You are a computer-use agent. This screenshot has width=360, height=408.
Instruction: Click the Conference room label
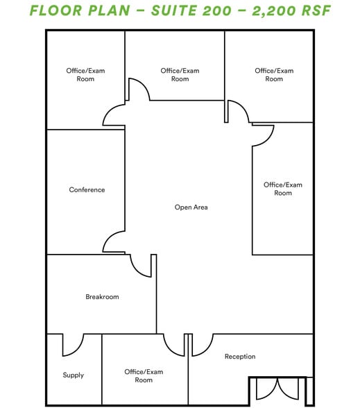pyautogui.click(x=87, y=189)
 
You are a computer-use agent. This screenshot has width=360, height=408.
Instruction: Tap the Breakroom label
pyautogui.click(x=102, y=297)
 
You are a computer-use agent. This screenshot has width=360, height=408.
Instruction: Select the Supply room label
pyautogui.click(x=73, y=375)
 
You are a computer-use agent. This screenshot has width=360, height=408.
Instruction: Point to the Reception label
pyautogui.click(x=240, y=357)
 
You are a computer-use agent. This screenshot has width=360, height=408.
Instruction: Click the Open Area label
pyautogui.click(x=191, y=207)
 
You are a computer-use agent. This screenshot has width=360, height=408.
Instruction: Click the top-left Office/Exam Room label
pyautogui.click(x=85, y=75)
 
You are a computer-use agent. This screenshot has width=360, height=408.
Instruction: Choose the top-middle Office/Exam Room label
pyautogui.click(x=180, y=75)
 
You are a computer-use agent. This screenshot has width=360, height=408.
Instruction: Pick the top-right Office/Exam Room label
pyautogui.click(x=274, y=75)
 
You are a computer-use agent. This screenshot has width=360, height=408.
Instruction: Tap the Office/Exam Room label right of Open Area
pyautogui.click(x=283, y=189)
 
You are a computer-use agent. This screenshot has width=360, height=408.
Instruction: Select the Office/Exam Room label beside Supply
pyautogui.click(x=144, y=376)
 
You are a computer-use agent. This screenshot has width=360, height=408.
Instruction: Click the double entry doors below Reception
pyautogui.click(x=277, y=389)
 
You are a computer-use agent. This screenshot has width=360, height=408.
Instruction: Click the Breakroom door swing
pyautogui.click(x=142, y=265)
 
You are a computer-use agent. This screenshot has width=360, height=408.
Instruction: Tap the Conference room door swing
pyautogui.click(x=113, y=242)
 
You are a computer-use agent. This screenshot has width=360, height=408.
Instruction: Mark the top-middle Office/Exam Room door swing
pyautogui.click(x=137, y=90)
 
